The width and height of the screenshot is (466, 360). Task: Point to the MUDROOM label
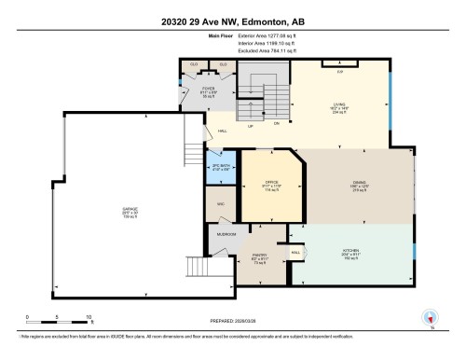(226, 234)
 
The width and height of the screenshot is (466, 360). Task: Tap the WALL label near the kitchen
(296, 252)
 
